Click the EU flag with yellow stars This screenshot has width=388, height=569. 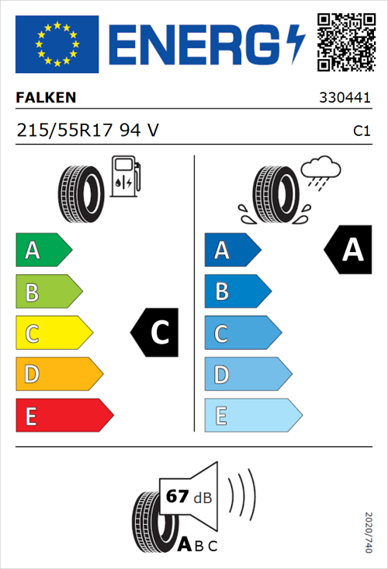(x=57, y=44)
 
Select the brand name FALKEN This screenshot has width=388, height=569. (x=46, y=98)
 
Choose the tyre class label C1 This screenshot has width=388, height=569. (x=361, y=131)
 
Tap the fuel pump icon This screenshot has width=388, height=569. (x=125, y=176)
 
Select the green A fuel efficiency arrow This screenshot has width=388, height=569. (x=43, y=250)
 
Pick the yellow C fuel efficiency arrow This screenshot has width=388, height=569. (x=54, y=333)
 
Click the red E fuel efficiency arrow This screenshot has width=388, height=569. (x=64, y=416)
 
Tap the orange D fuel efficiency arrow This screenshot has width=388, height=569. (x=59, y=375)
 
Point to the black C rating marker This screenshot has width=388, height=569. (x=155, y=333)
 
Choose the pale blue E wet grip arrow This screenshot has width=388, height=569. (x=252, y=416)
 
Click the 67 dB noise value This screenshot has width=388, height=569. (x=187, y=497)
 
